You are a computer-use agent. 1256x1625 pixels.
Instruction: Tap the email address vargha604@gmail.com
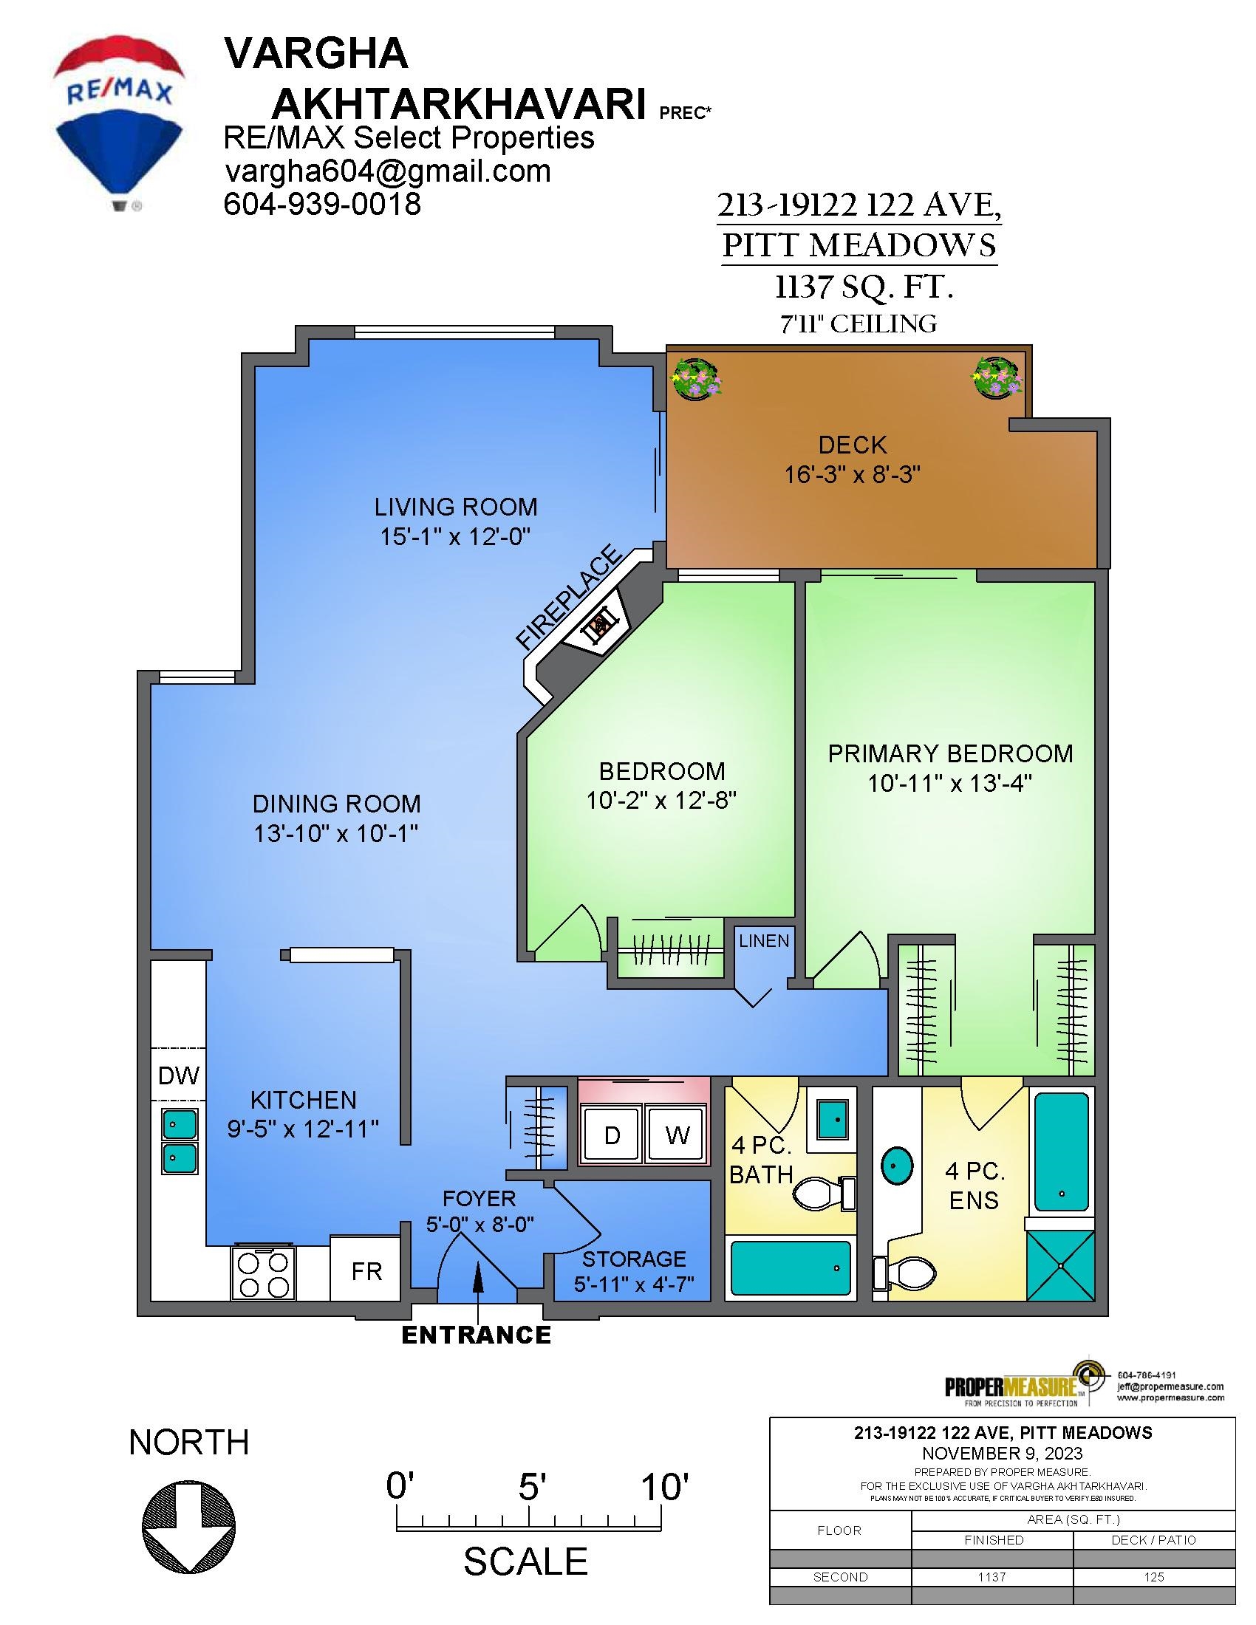click(388, 171)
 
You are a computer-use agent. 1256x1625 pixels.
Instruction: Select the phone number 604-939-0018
click(323, 204)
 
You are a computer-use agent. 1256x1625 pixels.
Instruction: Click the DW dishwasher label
click(180, 1076)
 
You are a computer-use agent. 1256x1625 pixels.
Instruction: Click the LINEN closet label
click(764, 941)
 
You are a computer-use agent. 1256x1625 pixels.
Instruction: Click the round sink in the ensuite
click(899, 1166)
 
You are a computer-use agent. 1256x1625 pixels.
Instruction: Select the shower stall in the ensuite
click(1059, 1265)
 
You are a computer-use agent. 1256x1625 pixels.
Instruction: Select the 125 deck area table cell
click(1154, 1577)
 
